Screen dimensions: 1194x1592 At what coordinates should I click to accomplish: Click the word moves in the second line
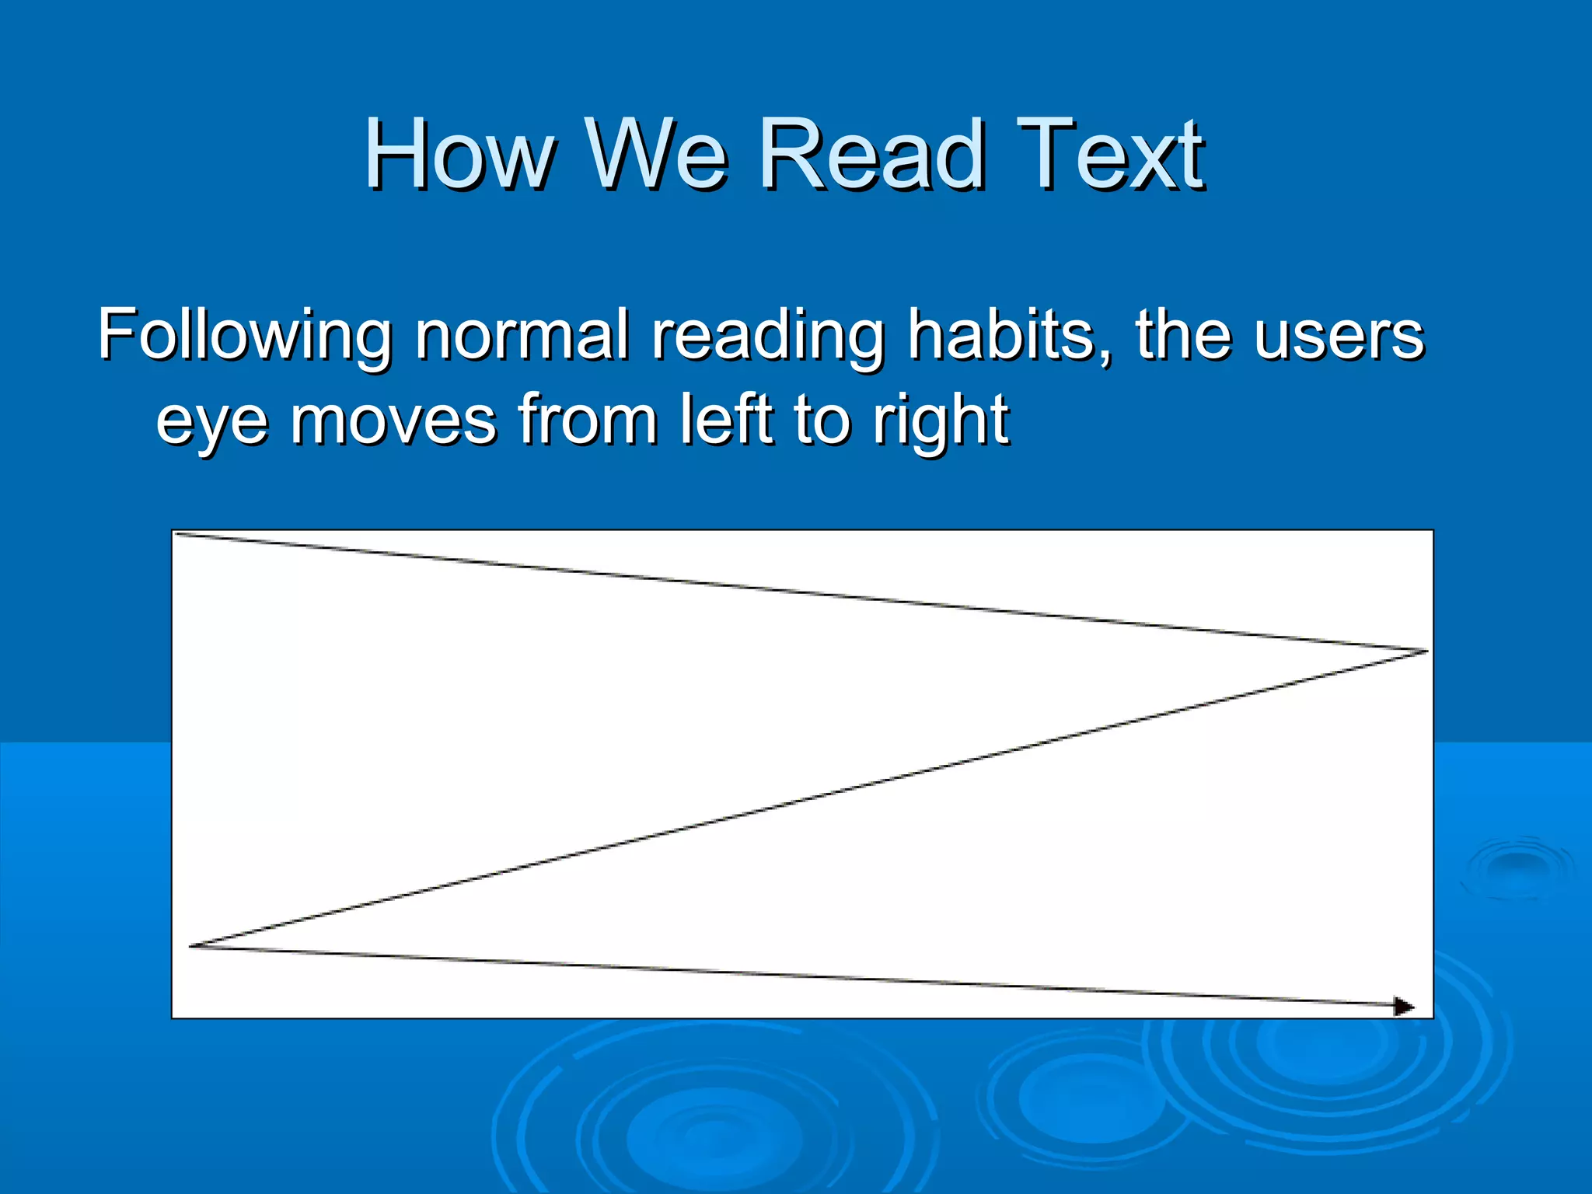(393, 421)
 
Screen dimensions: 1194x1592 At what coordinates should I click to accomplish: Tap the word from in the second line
(588, 419)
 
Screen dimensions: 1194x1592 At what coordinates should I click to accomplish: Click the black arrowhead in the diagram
(1403, 1007)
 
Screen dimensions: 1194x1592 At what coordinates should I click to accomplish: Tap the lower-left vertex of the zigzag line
(191, 946)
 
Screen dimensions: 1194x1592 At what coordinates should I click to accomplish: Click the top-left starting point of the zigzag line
(178, 533)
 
